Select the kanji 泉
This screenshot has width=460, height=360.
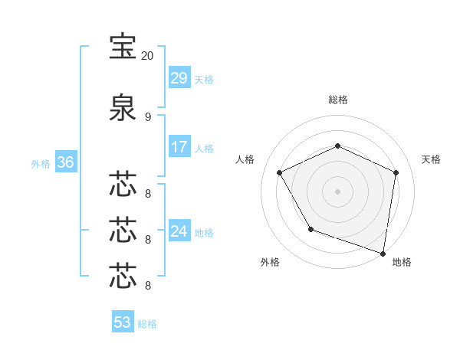[x=123, y=106]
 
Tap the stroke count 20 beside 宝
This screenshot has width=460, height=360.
[x=147, y=56]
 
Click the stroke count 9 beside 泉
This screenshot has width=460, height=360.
[x=147, y=116]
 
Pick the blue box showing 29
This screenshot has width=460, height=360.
[x=179, y=78]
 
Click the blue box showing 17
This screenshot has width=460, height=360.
[x=179, y=147]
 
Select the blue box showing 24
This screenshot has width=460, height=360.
[x=179, y=231]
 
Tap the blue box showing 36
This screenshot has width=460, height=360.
[x=65, y=162]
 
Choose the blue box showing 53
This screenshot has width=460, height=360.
[x=123, y=322]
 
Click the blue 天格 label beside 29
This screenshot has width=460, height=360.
[x=204, y=79]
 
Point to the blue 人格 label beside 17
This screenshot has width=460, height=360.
[x=204, y=148]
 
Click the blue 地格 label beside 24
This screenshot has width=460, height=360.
[x=204, y=231]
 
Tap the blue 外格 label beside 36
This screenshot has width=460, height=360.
[x=41, y=163]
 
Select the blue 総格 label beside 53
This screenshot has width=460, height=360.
[x=147, y=323]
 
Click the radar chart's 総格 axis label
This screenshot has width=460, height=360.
[x=338, y=100]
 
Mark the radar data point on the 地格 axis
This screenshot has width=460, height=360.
[x=383, y=253]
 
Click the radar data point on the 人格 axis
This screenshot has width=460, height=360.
[x=280, y=172]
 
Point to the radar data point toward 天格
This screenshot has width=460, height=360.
[x=396, y=172]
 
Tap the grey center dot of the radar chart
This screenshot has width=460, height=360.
[x=338, y=191]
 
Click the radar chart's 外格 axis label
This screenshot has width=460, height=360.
[x=270, y=262]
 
